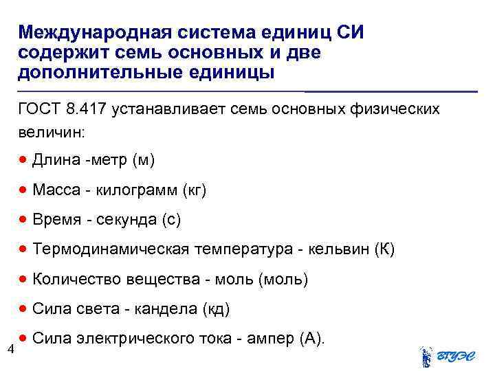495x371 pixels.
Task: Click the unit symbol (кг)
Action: click(x=193, y=190)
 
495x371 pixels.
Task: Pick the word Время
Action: click(x=57, y=220)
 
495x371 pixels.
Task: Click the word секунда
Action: click(x=124, y=220)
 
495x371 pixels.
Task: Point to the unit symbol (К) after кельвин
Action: click(x=385, y=249)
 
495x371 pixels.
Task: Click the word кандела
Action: click(x=166, y=309)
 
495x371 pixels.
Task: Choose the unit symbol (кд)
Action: click(x=216, y=309)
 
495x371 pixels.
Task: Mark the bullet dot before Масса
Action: click(x=23, y=190)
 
